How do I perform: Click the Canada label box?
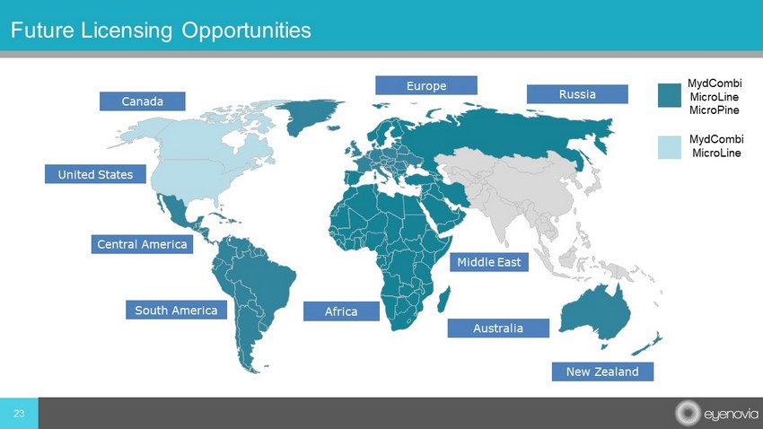(x=142, y=101)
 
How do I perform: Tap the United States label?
(x=95, y=174)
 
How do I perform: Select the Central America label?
(x=142, y=244)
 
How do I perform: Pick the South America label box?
(x=176, y=310)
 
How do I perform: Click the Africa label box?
(x=341, y=311)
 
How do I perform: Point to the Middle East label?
(x=489, y=262)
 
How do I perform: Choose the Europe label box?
(x=426, y=85)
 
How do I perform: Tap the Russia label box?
(x=577, y=94)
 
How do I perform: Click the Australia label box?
(x=498, y=328)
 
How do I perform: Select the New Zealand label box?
(x=602, y=372)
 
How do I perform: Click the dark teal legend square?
(x=670, y=95)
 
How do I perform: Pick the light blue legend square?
(x=670, y=147)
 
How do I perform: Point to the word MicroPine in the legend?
(x=715, y=110)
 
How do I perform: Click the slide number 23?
(x=19, y=414)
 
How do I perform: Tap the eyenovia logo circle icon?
(x=687, y=413)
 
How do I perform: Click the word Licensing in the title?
(x=126, y=31)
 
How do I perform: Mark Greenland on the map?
(x=309, y=116)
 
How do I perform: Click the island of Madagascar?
(x=443, y=299)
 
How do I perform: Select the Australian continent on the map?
(x=595, y=312)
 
